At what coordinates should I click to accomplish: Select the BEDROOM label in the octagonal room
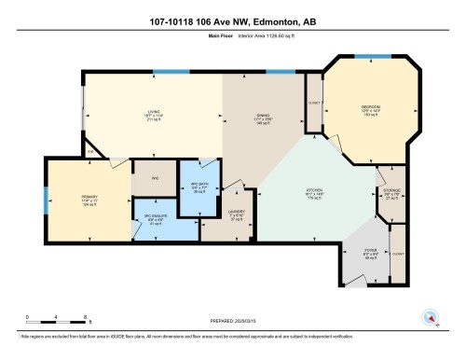[x=370, y=107]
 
